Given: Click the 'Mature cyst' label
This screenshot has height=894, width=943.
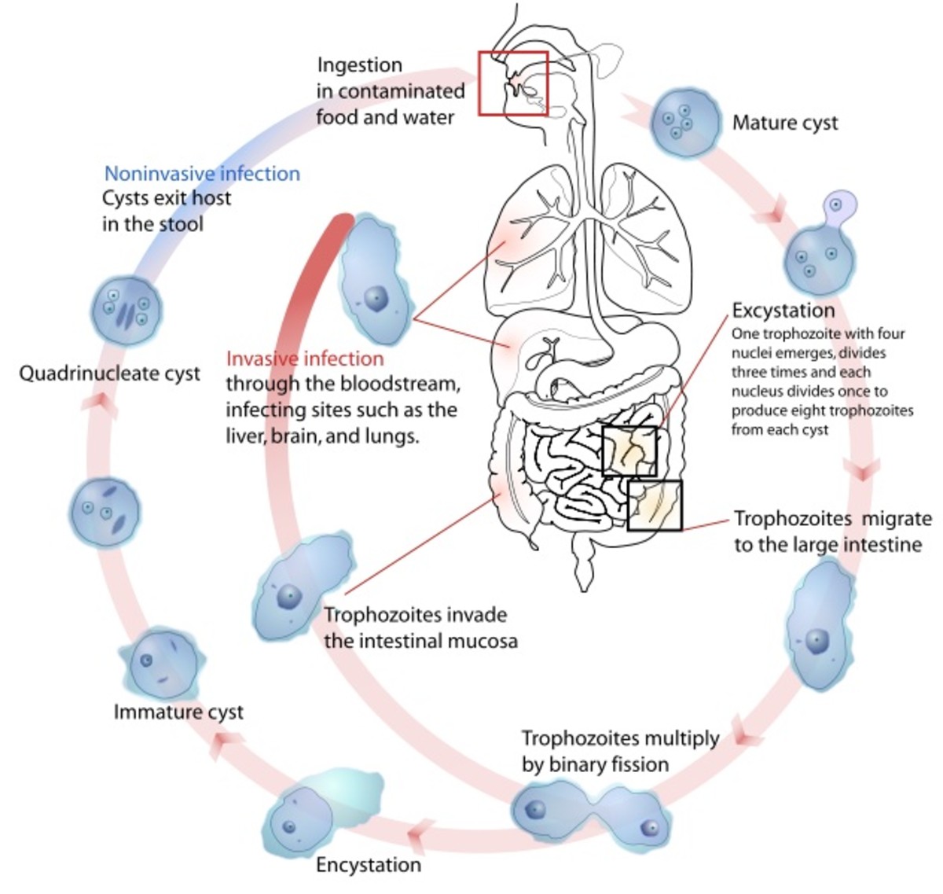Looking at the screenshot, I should (x=784, y=123).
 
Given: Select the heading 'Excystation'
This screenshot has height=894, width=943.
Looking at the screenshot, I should (x=783, y=310).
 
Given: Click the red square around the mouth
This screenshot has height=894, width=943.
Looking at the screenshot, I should (x=513, y=83).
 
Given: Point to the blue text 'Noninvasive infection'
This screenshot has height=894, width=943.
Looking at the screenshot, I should (x=202, y=174).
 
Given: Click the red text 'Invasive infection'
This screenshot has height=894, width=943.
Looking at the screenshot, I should (x=305, y=359).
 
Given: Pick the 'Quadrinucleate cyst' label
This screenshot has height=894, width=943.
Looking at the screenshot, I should (x=110, y=373).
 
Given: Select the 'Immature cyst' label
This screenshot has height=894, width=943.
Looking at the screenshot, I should (x=178, y=712).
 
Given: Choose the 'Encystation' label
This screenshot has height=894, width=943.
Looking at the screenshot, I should (x=368, y=865).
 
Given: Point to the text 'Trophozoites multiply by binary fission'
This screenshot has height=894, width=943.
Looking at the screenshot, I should (x=619, y=751).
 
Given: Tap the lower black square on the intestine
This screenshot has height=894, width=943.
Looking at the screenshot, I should (x=655, y=505).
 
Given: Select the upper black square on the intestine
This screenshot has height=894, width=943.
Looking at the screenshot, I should (x=629, y=451).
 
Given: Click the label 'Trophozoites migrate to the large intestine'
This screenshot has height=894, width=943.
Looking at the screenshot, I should (x=831, y=532).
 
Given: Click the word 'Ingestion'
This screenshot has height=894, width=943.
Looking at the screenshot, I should (x=359, y=65).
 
